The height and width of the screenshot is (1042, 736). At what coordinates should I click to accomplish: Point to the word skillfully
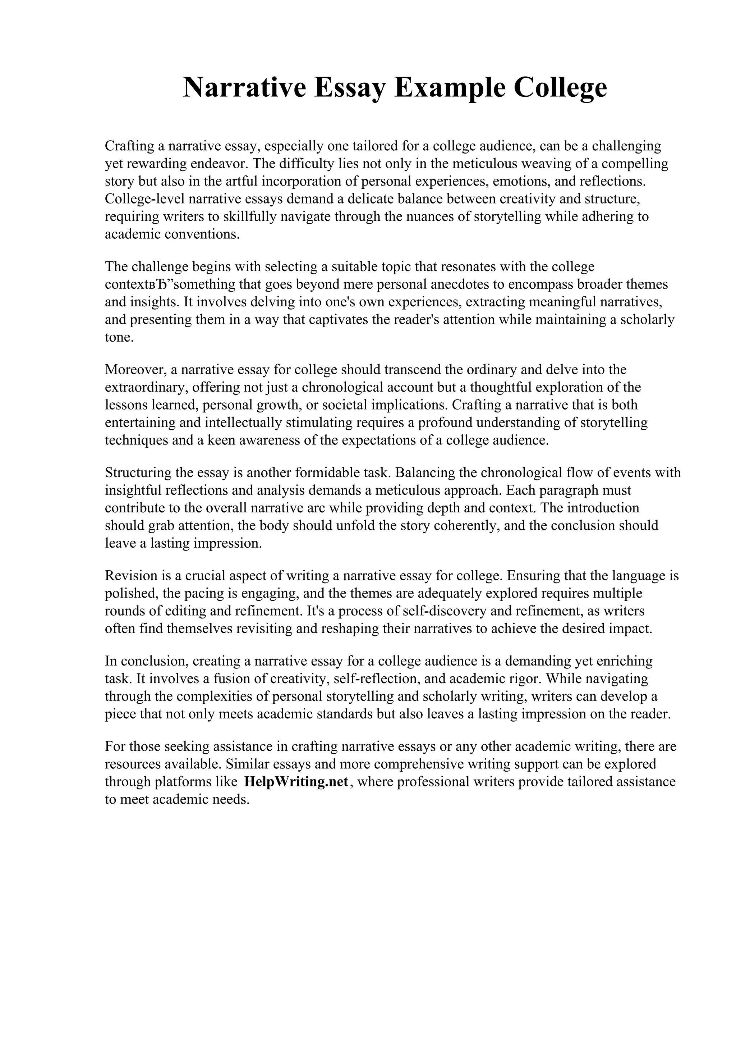249,216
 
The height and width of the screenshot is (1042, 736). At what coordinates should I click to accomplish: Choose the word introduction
603,507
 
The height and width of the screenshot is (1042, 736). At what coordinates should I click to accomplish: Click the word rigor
528,678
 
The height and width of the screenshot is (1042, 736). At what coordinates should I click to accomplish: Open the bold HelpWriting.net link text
296,782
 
